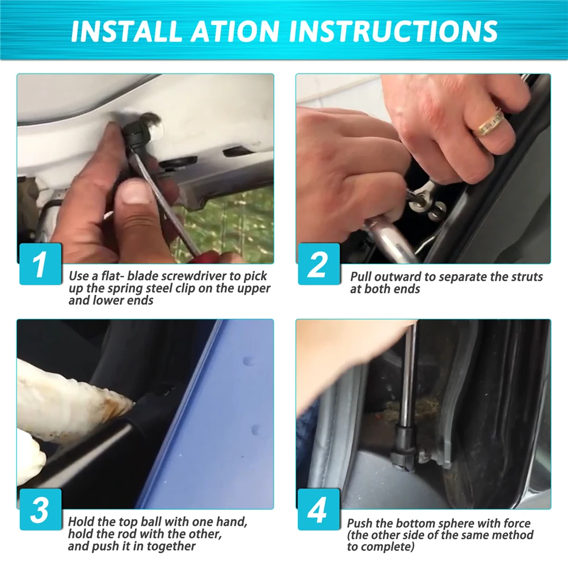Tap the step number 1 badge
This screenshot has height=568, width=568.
pyautogui.click(x=40, y=264)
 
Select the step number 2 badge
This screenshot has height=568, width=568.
pyautogui.click(x=319, y=264)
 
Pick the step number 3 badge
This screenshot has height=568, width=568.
pyautogui.click(x=40, y=510)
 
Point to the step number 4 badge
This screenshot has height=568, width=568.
pyautogui.click(x=319, y=510)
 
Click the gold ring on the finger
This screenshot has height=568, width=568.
pyautogui.click(x=491, y=123)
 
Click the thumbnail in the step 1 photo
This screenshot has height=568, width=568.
pyautogui.click(x=134, y=192)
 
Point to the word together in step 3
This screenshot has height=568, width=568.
pyautogui.click(x=170, y=546)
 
